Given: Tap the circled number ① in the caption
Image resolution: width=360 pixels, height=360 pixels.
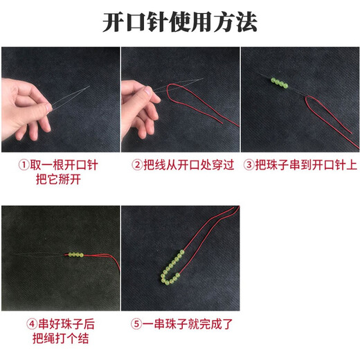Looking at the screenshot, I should [x=23, y=165].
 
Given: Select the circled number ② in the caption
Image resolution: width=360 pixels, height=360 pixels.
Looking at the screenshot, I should [x=137, y=165].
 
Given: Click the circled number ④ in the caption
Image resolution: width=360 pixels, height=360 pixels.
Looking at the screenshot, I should [x=32, y=323].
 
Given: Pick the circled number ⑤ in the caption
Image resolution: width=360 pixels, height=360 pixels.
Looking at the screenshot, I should [x=137, y=323].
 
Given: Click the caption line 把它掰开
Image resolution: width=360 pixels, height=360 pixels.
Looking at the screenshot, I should [x=59, y=180].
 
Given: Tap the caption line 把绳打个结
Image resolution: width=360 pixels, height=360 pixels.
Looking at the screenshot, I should [x=59, y=339].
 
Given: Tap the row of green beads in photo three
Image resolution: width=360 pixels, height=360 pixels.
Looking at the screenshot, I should [x=278, y=83].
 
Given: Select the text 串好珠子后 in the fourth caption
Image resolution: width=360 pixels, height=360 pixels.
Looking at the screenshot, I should [x=67, y=323].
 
